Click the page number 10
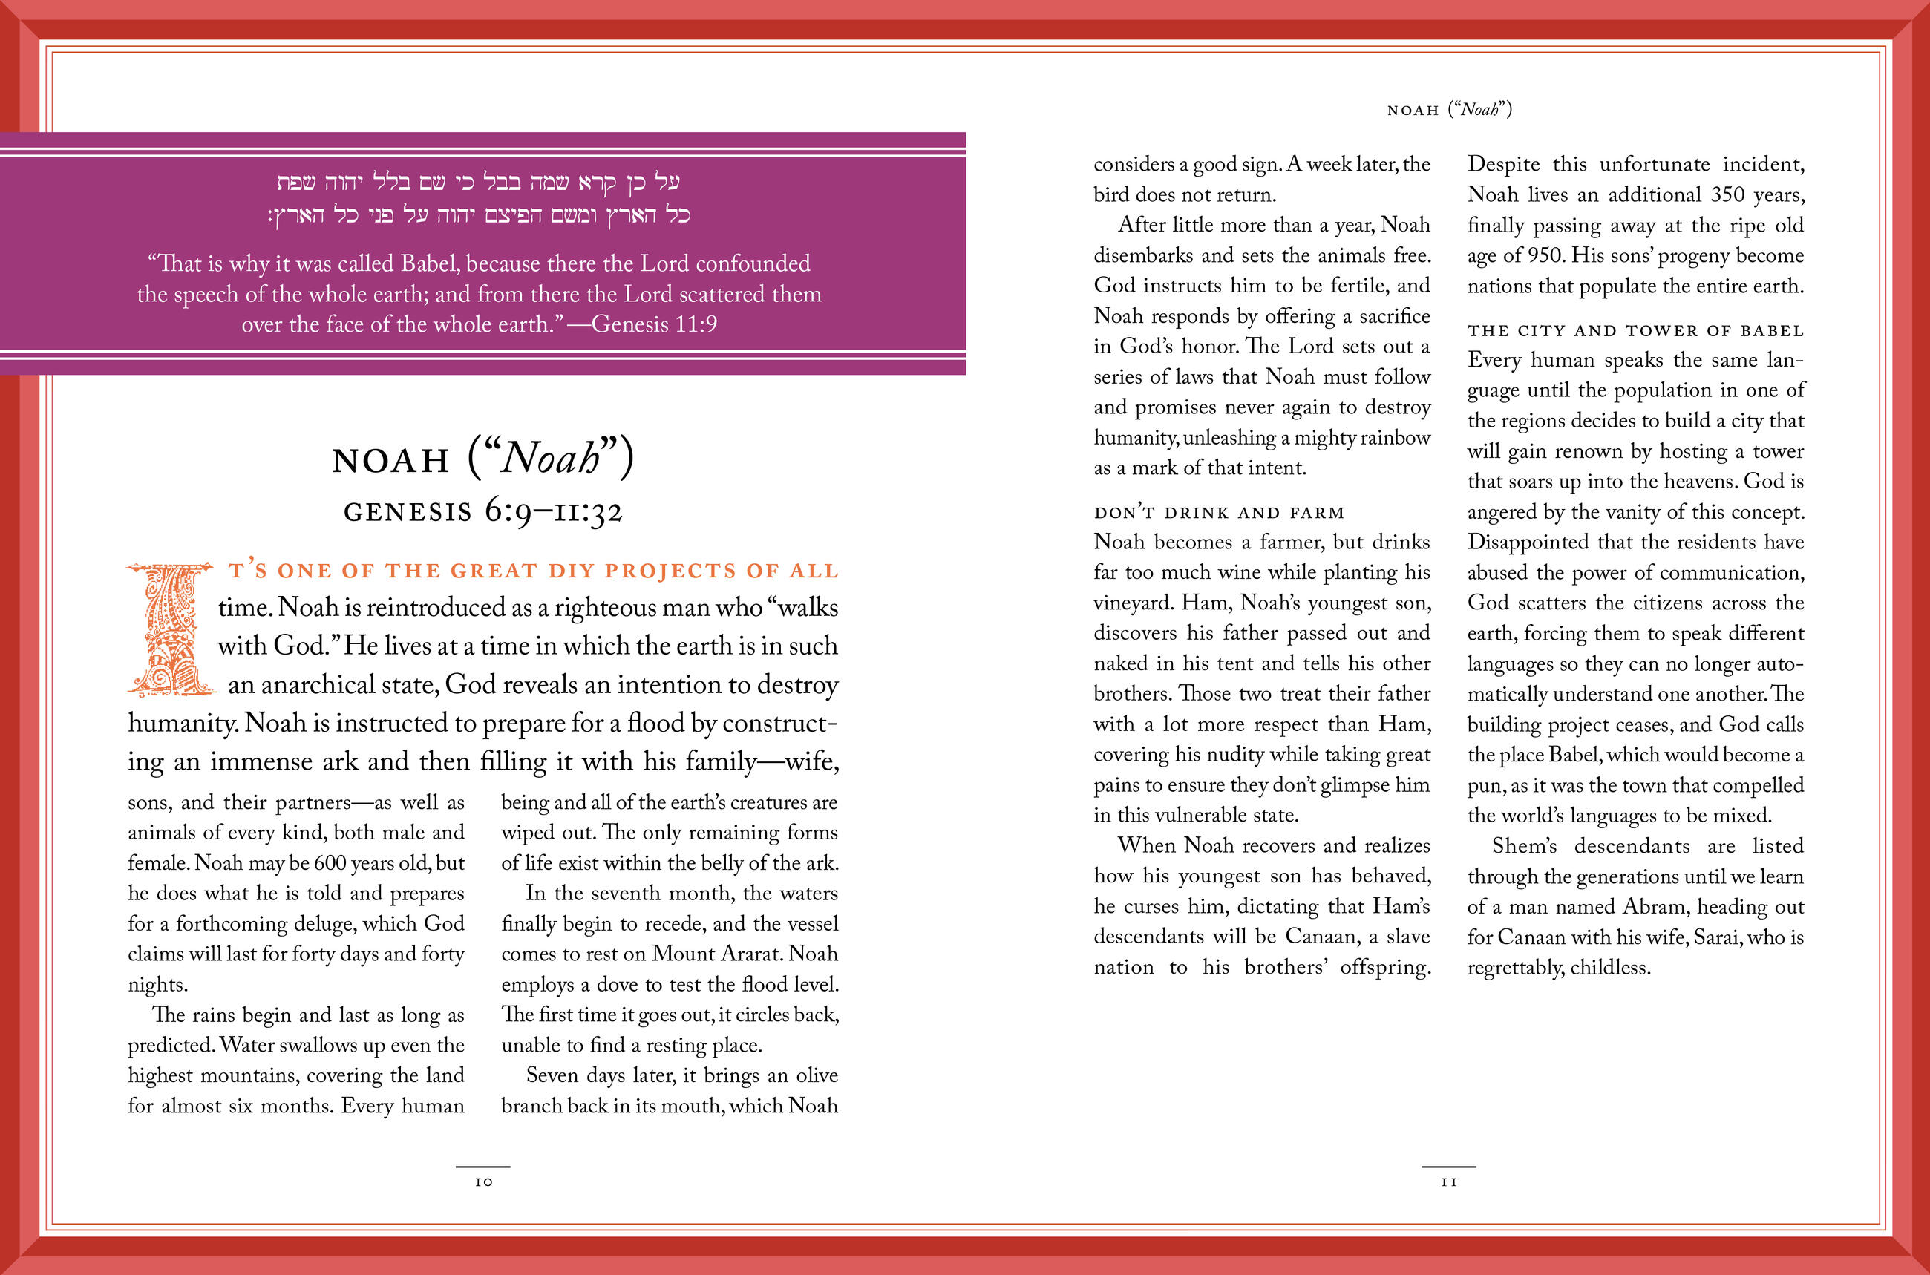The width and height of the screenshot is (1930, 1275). pyautogui.click(x=484, y=1182)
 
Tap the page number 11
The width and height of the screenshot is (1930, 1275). pyautogui.click(x=1448, y=1182)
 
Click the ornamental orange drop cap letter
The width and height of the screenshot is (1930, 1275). pyautogui.click(x=170, y=629)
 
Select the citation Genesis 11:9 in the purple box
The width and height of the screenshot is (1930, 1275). pyautogui.click(x=654, y=324)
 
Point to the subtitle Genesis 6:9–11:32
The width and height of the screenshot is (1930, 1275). pyautogui.click(x=483, y=511)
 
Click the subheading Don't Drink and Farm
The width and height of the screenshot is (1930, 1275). pyautogui.click(x=1218, y=513)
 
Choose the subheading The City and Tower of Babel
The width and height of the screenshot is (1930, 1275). pyautogui.click(x=1635, y=331)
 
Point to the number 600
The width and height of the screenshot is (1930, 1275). pyautogui.click(x=330, y=862)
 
